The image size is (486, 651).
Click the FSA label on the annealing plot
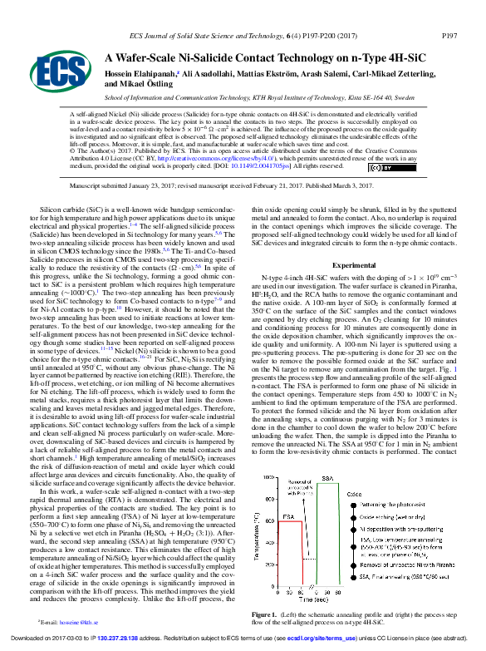(x=287, y=517)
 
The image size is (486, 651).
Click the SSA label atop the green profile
(x=326, y=480)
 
